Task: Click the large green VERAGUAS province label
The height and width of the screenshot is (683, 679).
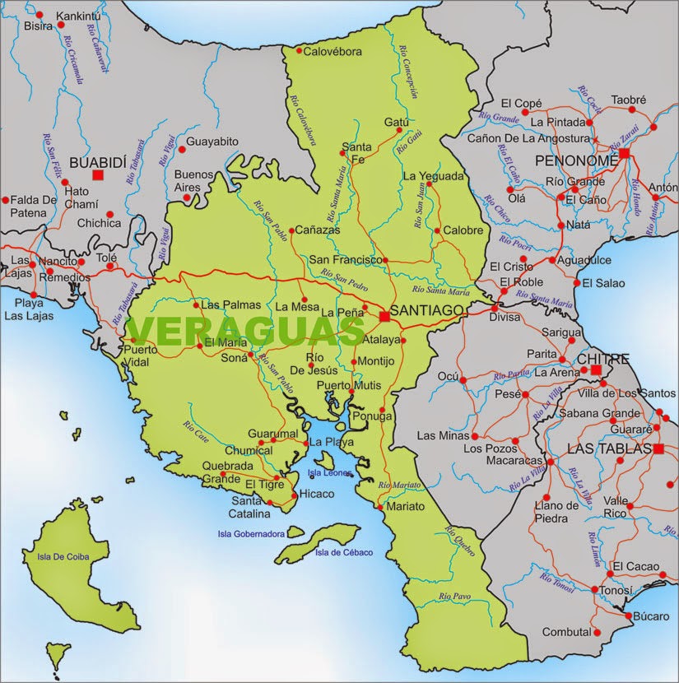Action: [245, 331]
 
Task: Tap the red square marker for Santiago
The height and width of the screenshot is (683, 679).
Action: [384, 316]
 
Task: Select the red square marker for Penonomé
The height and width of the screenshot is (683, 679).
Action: [625, 153]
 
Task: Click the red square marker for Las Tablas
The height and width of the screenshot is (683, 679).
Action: [658, 448]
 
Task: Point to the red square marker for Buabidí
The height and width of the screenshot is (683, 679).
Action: [98, 174]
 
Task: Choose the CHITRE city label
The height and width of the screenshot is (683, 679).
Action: [602, 360]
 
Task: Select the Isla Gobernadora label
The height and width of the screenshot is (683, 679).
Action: [251, 533]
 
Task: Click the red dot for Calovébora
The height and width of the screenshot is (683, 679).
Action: [299, 51]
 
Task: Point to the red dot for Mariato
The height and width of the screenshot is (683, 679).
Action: [379, 507]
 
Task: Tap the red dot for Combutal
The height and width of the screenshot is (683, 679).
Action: [598, 632]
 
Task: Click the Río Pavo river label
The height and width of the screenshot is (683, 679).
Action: [454, 595]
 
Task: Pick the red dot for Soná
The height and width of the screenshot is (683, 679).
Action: [252, 355]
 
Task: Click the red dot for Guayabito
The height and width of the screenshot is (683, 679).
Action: [180, 142]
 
